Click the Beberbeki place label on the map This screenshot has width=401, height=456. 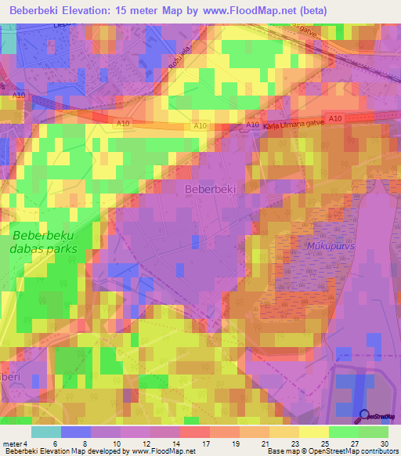click(x=211, y=189)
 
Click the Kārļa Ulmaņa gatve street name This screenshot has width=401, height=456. click(x=292, y=125)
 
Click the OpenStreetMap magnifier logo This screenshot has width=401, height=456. click(x=364, y=418)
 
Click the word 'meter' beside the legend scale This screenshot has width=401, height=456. click(x=13, y=443)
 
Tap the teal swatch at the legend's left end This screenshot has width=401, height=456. click(x=46, y=432)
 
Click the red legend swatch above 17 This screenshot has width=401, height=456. click(x=194, y=432)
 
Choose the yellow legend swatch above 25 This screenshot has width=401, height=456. click(x=314, y=432)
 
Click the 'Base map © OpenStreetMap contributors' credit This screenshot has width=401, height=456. click(x=332, y=451)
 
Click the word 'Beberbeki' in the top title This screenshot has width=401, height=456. click(x=34, y=12)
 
